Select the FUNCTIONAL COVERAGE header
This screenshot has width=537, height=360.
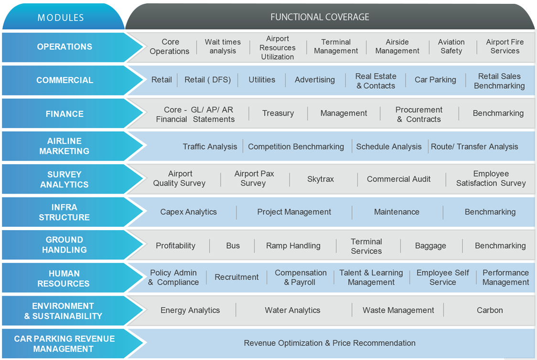(x=320, y=17)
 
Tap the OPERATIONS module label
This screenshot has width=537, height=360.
(x=64, y=46)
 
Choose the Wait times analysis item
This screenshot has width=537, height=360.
(x=223, y=46)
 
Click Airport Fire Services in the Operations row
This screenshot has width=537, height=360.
(x=505, y=46)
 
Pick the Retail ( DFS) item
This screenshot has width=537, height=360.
(x=207, y=80)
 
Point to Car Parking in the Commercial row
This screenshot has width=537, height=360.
(x=435, y=80)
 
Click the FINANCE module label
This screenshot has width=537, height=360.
(x=64, y=114)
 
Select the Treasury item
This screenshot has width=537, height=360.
(x=278, y=113)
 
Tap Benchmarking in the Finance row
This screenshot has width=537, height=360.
(x=498, y=113)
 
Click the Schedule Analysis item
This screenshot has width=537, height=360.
(x=389, y=147)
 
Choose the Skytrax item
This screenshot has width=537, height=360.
(x=320, y=179)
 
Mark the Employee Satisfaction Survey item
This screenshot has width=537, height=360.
(x=491, y=178)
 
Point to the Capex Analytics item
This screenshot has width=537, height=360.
(x=188, y=212)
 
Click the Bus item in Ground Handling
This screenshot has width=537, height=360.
(x=233, y=246)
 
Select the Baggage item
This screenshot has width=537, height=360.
(x=430, y=246)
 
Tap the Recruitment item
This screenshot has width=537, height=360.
(x=236, y=277)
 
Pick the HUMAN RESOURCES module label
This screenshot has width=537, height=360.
(x=64, y=278)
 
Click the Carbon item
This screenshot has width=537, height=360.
(x=490, y=310)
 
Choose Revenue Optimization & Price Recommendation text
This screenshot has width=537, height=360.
(x=330, y=343)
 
